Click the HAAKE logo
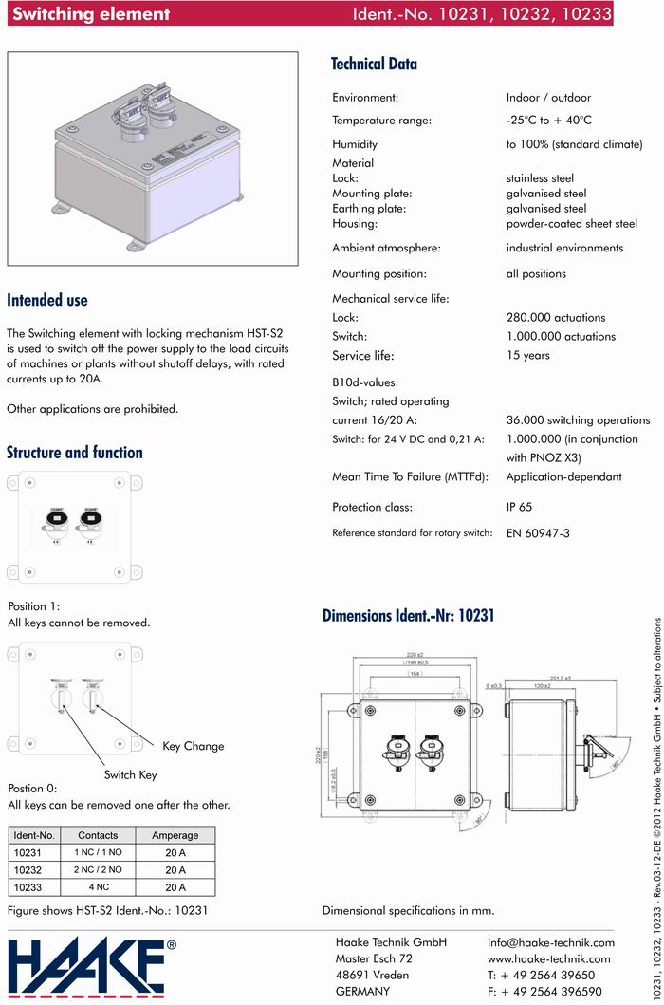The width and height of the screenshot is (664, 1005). (x=92, y=967)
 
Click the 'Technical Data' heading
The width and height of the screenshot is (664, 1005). (x=374, y=65)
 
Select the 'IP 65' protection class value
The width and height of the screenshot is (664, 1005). (x=524, y=507)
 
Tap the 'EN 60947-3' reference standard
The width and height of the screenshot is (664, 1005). (x=538, y=533)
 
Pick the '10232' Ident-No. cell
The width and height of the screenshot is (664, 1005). (x=29, y=869)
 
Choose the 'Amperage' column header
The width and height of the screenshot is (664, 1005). (x=175, y=835)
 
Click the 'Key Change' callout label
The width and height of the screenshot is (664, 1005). (x=194, y=746)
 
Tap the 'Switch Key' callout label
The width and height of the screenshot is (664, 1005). (x=131, y=774)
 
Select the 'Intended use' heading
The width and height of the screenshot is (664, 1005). (x=47, y=300)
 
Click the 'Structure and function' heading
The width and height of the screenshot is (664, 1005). (x=75, y=453)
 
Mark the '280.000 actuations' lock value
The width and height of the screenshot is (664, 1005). (x=555, y=318)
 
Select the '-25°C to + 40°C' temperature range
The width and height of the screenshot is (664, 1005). (x=548, y=121)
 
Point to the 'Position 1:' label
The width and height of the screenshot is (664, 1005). (x=34, y=605)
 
